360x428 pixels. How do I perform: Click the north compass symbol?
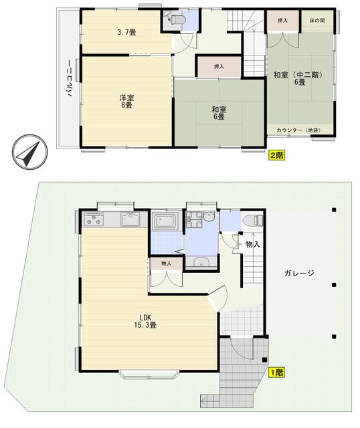pos(29,151)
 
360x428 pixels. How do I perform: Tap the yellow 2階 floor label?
pos(277,155)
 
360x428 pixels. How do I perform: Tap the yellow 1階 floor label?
pos(277,372)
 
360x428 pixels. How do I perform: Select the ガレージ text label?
pos(299,273)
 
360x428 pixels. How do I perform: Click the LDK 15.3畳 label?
pos(145,321)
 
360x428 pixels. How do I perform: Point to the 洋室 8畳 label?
pos(126,101)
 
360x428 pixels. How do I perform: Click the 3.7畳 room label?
pos(126,32)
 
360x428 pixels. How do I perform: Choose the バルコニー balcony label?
pos(70,78)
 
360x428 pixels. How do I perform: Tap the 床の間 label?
pos(317,21)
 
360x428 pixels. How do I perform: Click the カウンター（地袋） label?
pos(298,130)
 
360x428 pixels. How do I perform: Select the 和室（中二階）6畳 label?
pos(300,78)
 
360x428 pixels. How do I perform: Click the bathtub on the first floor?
pos(165,221)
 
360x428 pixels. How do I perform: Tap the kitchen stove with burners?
pos(94,219)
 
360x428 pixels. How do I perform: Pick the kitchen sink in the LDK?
pos(130,220)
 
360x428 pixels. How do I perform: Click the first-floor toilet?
pos(253,220)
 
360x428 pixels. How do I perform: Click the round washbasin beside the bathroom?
pos(209,217)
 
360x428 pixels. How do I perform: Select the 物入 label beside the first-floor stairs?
pos(253,244)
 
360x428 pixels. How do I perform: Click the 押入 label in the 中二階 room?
pos(282,21)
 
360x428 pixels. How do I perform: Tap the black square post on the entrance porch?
pos(264,360)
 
